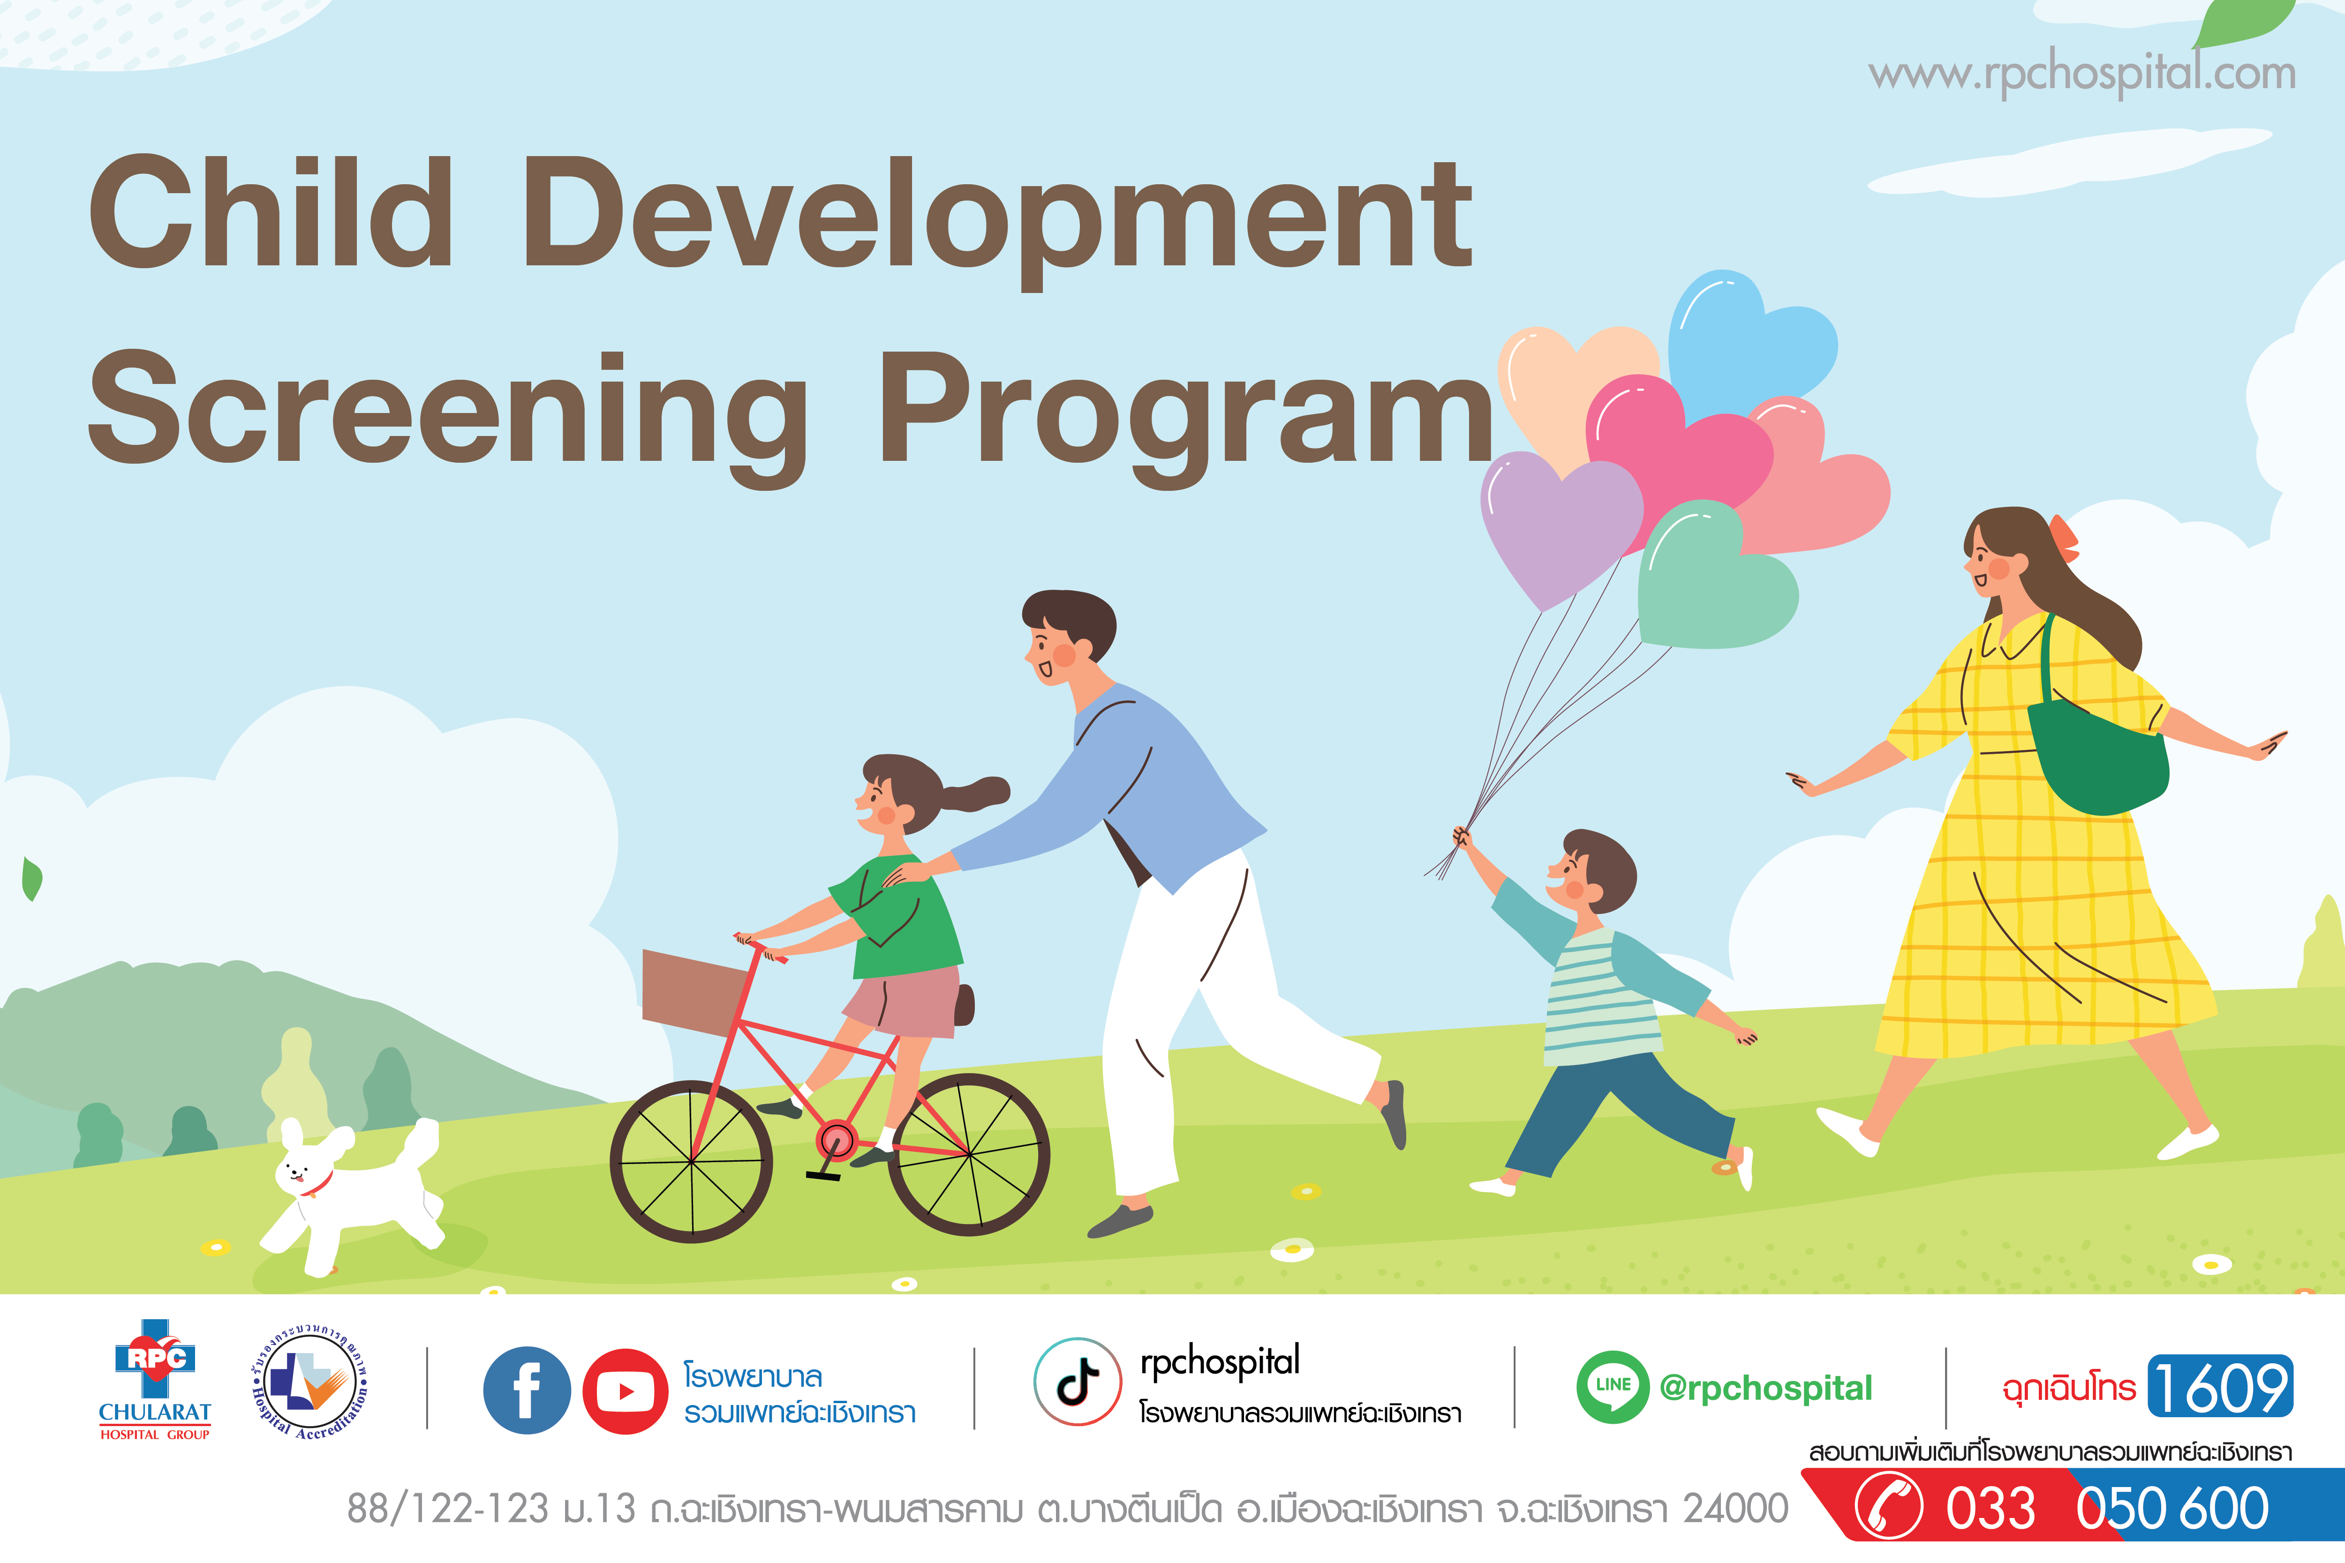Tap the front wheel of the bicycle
point(691,1161)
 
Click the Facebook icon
point(527,1390)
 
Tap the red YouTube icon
point(625,1390)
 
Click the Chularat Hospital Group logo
point(155,1381)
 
